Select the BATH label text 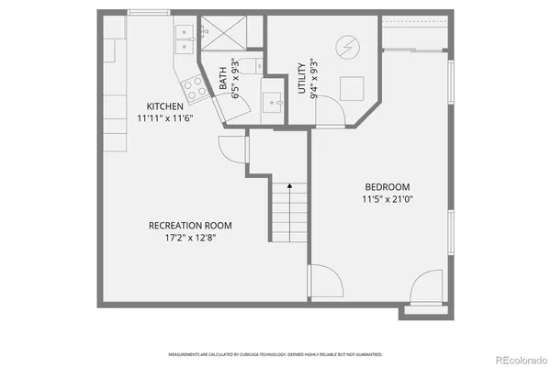(223, 80)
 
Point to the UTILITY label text (302, 79)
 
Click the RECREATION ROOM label (190, 225)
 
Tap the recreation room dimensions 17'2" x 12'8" (190, 238)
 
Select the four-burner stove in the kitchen (194, 87)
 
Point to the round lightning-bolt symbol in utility (347, 46)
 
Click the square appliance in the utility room (352, 88)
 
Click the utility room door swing (328, 114)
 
